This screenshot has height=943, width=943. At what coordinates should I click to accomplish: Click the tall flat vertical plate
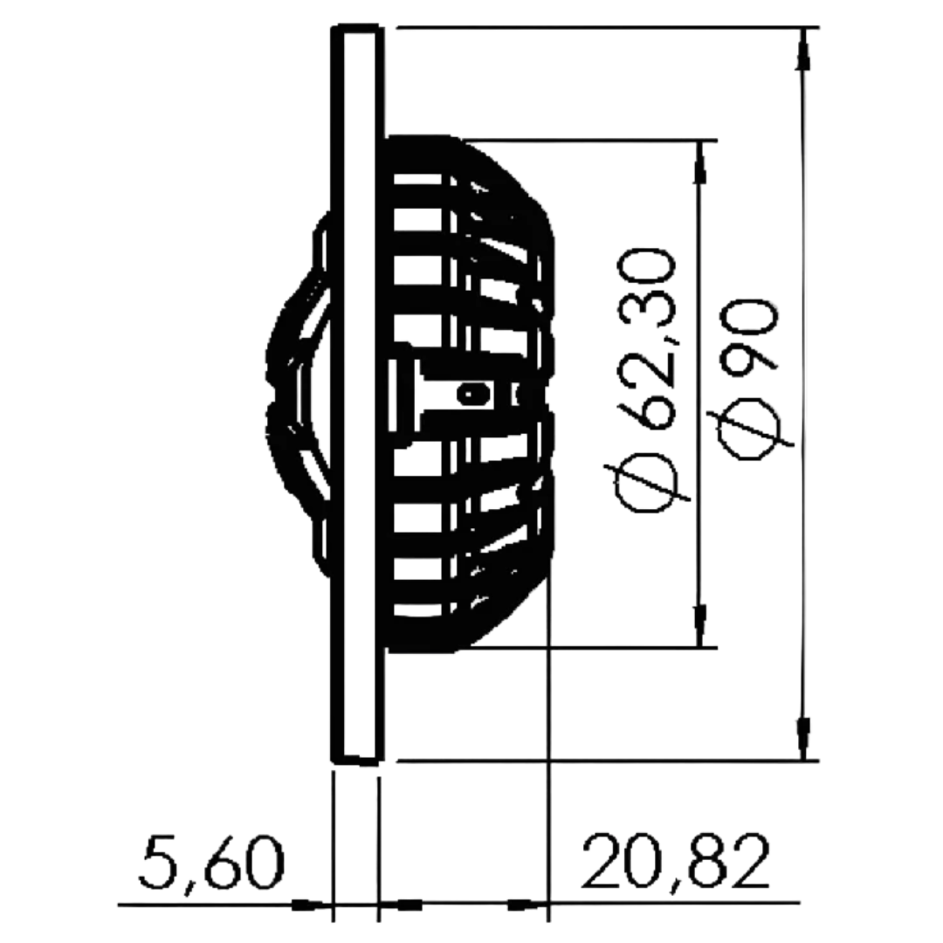[356, 393]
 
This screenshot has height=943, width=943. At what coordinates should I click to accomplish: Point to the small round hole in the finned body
[472, 395]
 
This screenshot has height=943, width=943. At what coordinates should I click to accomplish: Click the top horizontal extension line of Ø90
[602, 28]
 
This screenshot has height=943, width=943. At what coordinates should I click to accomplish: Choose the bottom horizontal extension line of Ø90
[602, 761]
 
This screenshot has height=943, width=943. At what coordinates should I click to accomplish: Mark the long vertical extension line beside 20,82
[547, 768]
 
